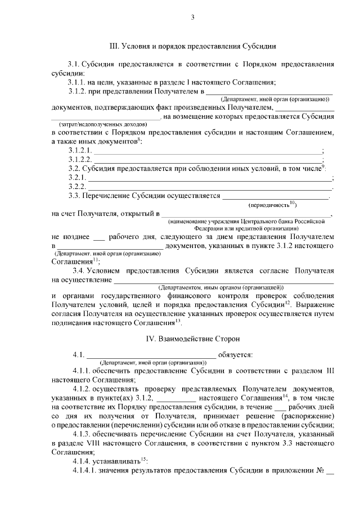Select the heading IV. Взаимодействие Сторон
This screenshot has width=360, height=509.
(193, 339)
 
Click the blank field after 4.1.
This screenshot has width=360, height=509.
(150, 355)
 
